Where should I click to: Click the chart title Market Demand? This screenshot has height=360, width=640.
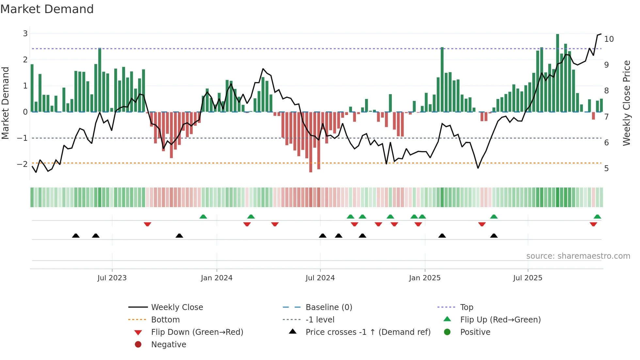[47, 9]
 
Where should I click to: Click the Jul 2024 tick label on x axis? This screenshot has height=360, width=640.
[320, 278]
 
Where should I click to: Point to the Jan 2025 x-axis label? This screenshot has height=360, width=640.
[424, 278]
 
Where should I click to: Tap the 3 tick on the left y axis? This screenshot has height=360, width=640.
[25, 33]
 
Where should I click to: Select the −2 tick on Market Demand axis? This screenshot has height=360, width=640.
[23, 164]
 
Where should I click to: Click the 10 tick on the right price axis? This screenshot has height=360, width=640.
[609, 39]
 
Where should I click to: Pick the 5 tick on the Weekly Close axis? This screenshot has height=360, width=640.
[606, 169]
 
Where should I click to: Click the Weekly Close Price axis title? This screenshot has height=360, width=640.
[626, 103]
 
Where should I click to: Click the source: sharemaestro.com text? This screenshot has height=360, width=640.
[578, 256]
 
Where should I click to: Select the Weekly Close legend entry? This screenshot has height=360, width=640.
[177, 307]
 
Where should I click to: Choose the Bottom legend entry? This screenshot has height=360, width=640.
[165, 320]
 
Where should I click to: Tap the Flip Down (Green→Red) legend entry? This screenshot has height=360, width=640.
[197, 332]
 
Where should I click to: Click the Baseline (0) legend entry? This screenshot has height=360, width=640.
[328, 307]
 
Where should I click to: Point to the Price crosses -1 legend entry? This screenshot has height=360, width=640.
[368, 332]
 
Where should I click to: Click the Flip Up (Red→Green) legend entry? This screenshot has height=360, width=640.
[500, 320]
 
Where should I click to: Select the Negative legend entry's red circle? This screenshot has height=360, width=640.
[138, 344]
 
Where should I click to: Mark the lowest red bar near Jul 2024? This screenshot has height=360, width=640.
[311, 142]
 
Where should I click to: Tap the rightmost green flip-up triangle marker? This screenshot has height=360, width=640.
[597, 217]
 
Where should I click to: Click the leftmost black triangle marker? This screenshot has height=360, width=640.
[76, 236]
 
